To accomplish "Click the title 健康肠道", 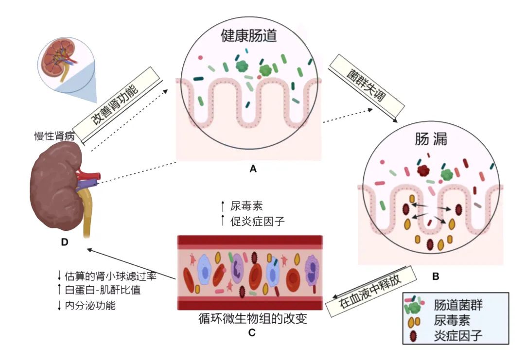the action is click(249, 35).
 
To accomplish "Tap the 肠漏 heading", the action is click(431, 139).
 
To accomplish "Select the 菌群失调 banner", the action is click(367, 86).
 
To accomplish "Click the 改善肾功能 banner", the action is click(116, 105).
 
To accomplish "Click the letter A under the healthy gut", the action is click(253, 169).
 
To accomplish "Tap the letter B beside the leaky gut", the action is click(436, 276).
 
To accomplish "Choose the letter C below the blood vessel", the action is click(252, 333).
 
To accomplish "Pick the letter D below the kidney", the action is click(65, 242).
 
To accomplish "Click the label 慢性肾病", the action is click(54, 136).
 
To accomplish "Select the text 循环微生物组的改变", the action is click(253, 318).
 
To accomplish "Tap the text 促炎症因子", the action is click(258, 221).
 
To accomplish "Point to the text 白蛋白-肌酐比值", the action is click(103, 290).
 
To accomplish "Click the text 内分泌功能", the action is click(90, 305).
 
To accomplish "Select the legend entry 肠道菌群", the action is click(458, 305).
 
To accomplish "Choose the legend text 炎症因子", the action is click(458, 336).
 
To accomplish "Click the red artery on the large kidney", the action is click(87, 175).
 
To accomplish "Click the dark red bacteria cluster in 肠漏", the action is click(423, 171).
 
